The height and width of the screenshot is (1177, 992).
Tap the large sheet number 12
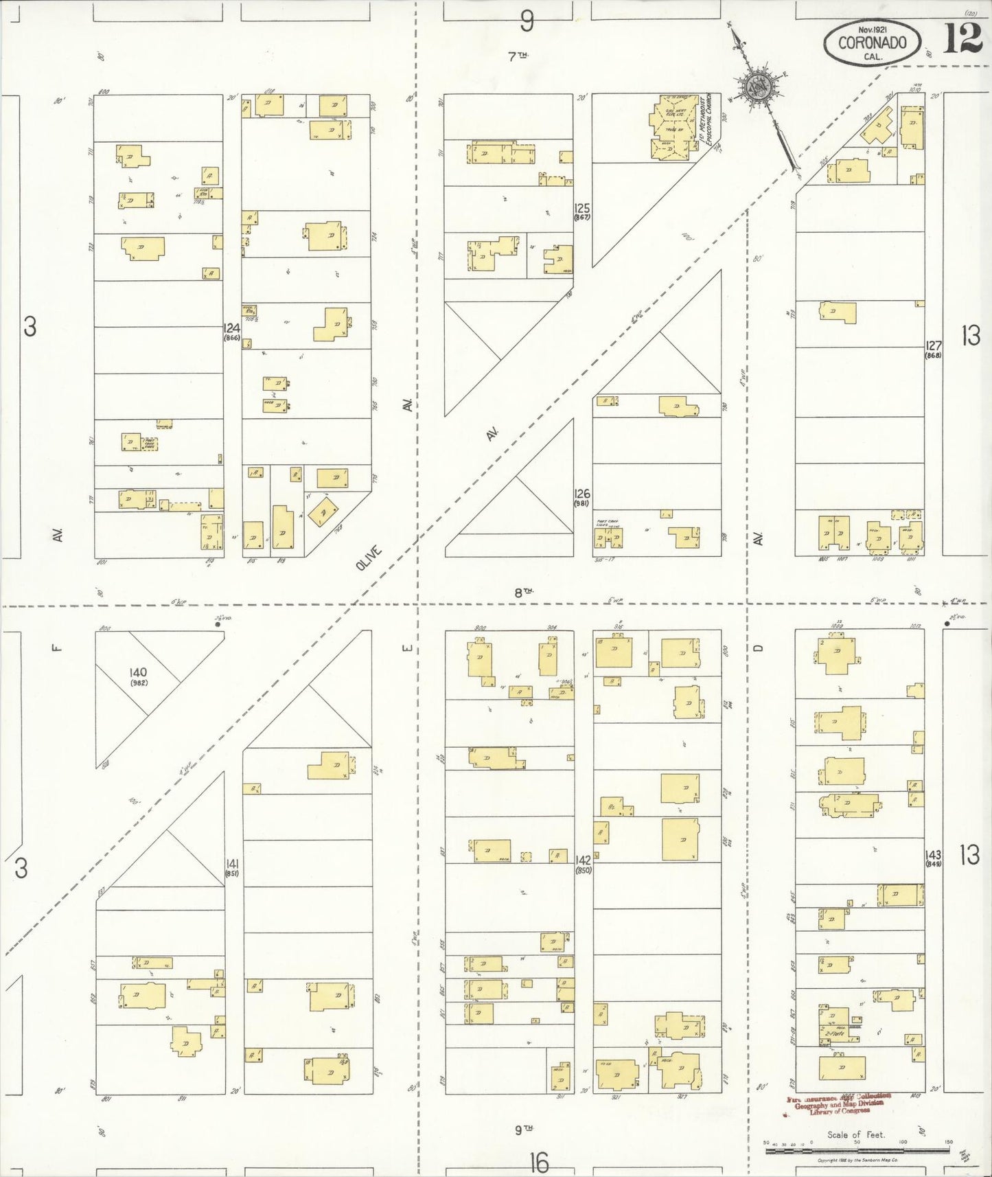(962, 38)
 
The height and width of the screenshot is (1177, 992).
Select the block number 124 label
(231, 329)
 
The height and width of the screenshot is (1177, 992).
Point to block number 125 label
(582, 208)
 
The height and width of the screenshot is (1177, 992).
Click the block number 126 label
(582, 494)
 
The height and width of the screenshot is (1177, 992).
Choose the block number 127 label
(933, 346)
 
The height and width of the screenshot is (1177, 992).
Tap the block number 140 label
(139, 672)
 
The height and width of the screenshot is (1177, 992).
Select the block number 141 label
(232, 863)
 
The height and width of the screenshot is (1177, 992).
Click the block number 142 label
(583, 860)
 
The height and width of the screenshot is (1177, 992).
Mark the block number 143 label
(933, 855)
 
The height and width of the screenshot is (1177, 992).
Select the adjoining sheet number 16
(539, 1163)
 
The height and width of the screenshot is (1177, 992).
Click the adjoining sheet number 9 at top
(527, 22)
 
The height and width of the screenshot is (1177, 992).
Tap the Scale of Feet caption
(855, 1134)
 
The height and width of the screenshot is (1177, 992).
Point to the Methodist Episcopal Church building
(670, 127)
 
